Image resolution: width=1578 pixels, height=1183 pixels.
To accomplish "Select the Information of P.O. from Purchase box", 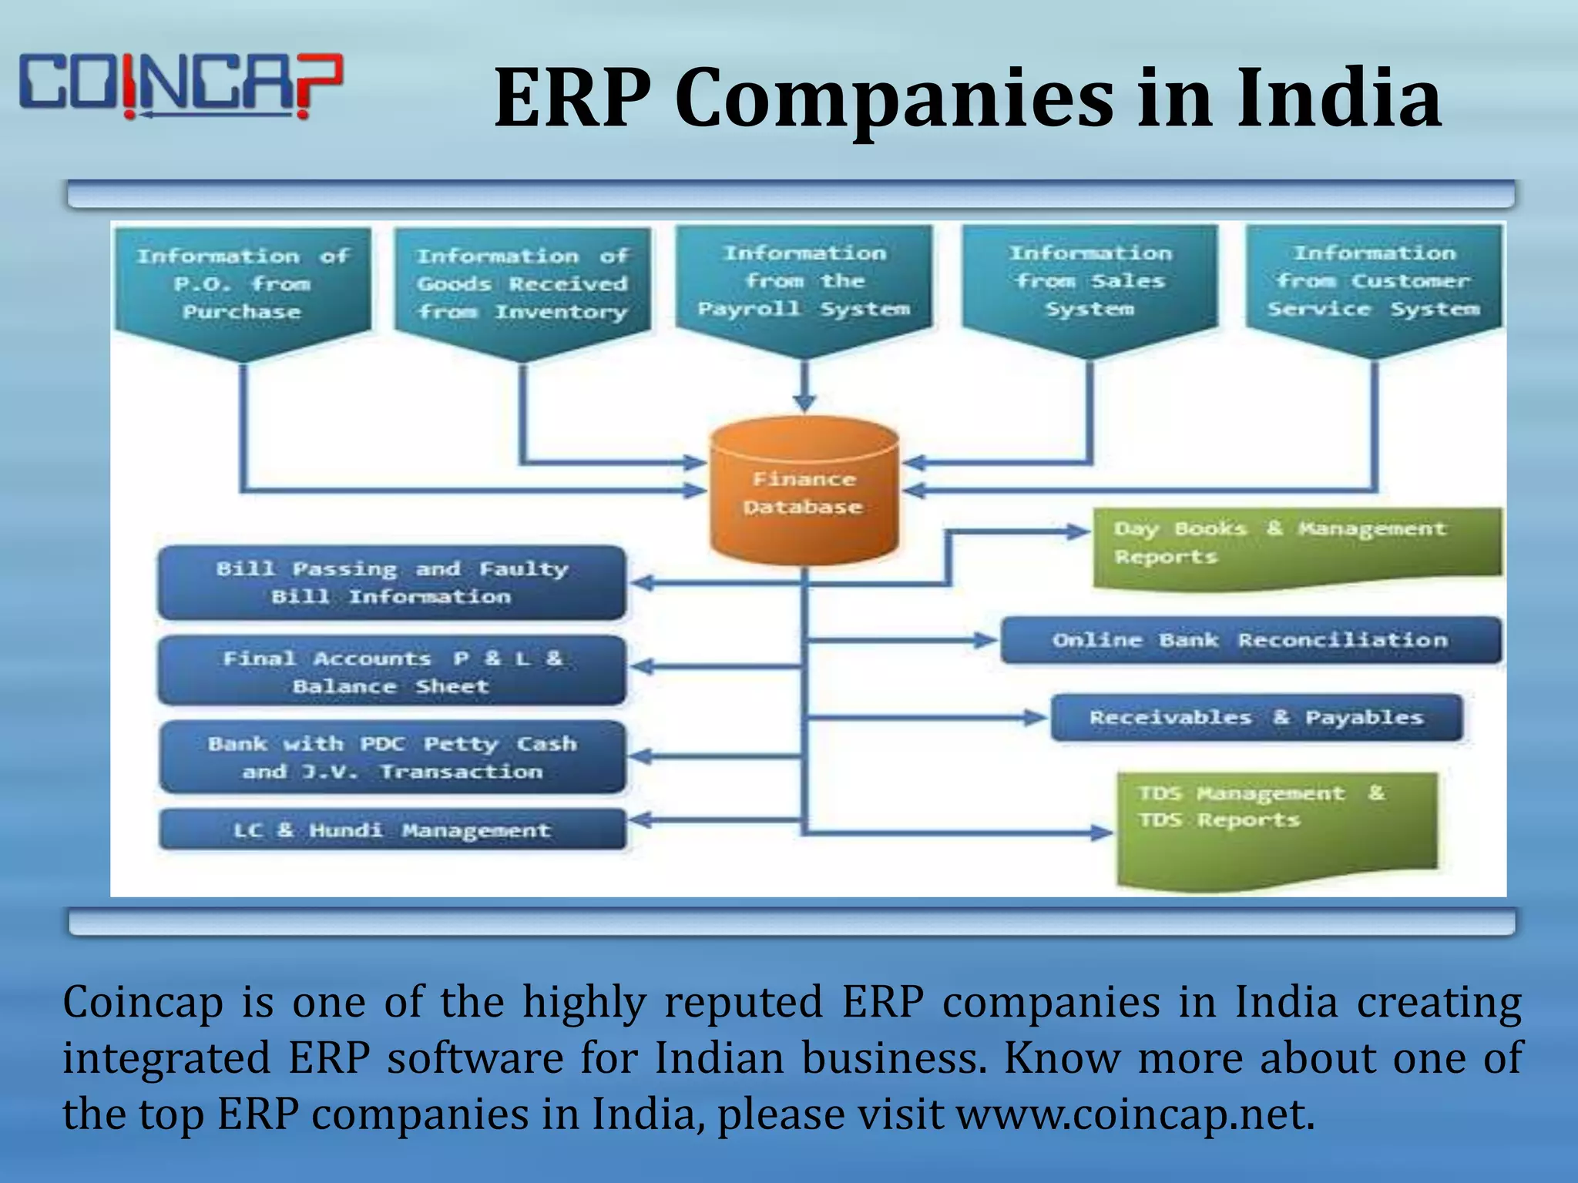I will [243, 285].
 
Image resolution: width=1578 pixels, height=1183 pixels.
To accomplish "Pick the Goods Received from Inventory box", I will [522, 285].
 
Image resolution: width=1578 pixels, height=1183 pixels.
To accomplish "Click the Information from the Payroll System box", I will [804, 282].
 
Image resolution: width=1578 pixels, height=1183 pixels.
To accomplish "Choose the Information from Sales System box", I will [1089, 282].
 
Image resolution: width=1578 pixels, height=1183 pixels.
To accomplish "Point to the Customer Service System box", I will [1374, 282].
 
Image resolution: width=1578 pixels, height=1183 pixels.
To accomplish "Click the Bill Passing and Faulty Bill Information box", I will [392, 582].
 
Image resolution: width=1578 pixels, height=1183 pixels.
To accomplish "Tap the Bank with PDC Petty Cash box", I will [392, 757].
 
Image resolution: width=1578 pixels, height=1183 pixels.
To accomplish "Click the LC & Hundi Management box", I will [392, 829].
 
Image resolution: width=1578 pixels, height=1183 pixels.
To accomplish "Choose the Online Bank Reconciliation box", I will [1250, 640].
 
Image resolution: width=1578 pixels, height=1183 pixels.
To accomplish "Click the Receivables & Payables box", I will [1256, 718].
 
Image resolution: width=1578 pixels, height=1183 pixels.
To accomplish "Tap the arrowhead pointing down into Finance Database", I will [804, 402].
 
